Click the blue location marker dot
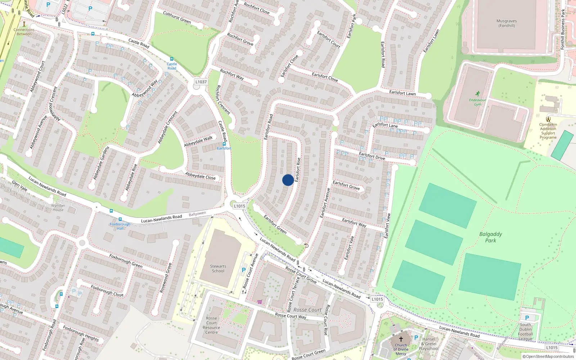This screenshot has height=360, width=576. tap(288, 180)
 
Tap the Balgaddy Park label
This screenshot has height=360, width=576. tap(490, 237)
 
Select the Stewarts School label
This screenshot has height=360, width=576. tap(218, 269)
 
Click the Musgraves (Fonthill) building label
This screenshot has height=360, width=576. tap(507, 23)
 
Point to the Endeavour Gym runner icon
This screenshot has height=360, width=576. tap(477, 94)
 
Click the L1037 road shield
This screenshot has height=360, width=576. tap(201, 82)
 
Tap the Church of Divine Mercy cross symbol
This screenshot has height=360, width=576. tap(401, 339)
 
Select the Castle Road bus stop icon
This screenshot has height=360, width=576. tap(172, 59)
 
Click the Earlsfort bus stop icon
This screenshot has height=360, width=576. tap(224, 144)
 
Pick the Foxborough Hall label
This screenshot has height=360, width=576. tap(120, 226)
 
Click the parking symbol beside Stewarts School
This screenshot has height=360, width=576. tap(244, 270)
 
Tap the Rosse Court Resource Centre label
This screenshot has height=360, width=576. tap(211, 325)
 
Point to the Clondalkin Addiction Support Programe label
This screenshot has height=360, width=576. tap(548, 131)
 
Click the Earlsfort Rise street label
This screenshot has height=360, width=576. tap(298, 170)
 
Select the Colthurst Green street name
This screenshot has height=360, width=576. tap(177, 17)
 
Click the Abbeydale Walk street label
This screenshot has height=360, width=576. tap(198, 141)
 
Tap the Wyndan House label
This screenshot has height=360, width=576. tap(58, 208)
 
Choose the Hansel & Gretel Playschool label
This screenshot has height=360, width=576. tap(429, 344)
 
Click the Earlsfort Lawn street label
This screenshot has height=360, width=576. tap(402, 93)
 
